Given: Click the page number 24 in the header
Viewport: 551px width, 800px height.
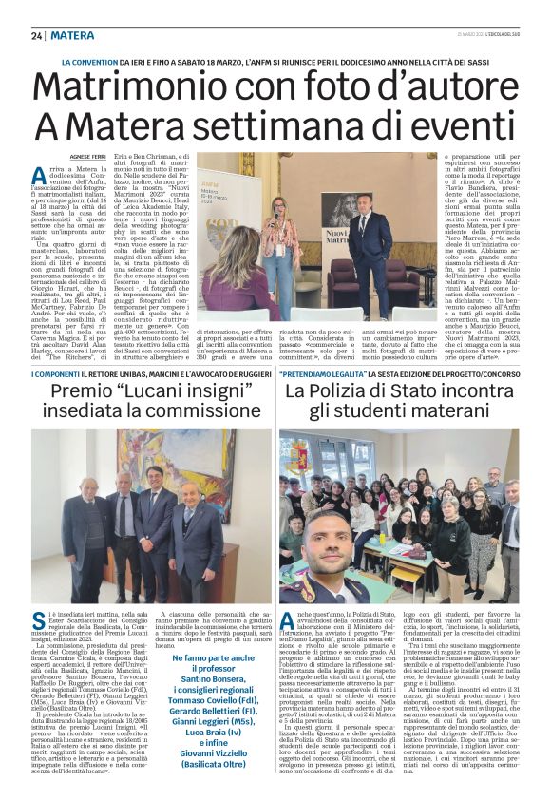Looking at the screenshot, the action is tap(37, 35).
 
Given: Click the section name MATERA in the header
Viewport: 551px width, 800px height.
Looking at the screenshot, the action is tap(72, 35).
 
